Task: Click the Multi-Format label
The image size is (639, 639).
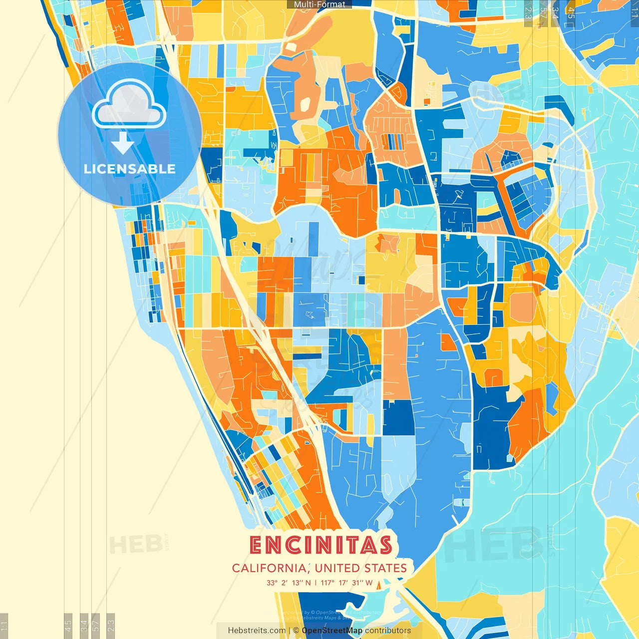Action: click(319, 4)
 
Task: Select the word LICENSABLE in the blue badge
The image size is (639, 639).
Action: click(129, 169)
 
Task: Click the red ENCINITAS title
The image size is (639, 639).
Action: click(320, 545)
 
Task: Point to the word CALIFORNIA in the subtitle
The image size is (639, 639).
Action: click(270, 568)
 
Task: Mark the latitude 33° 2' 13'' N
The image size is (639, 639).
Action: click(289, 583)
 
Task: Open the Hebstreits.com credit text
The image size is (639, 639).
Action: click(257, 631)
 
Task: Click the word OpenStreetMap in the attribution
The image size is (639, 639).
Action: click(332, 631)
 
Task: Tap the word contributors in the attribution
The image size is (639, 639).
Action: click(388, 631)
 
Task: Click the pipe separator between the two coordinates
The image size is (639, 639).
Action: click(316, 583)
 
